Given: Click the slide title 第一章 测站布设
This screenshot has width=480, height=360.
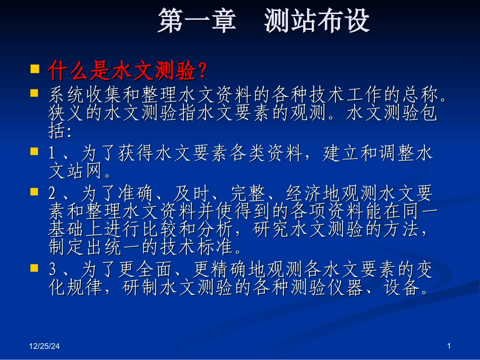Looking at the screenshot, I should (263, 21).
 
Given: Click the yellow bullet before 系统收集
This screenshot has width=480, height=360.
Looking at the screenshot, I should (35, 93).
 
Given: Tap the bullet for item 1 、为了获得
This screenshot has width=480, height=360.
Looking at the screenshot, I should (35, 151).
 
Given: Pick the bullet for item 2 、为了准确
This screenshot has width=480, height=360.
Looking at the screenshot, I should (35, 191).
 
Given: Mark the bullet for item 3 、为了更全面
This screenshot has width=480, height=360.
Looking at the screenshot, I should (35, 267).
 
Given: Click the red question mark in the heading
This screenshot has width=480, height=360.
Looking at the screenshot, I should (202, 72).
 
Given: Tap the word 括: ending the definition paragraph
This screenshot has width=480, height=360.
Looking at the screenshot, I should (60, 132).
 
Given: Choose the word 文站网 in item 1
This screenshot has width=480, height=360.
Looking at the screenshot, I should (76, 172).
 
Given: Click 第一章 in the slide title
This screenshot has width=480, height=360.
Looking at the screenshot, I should (197, 21).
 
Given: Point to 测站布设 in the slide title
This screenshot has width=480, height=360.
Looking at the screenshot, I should (317, 21).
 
